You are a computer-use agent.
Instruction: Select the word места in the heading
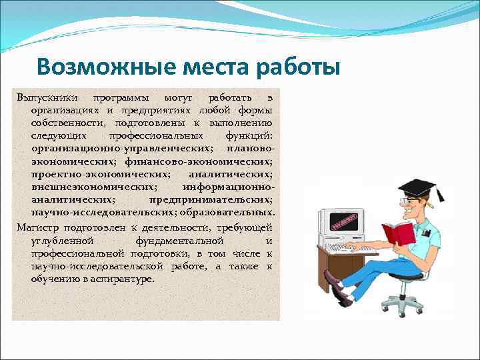tap(215, 67)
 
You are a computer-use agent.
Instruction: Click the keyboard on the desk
tap(356, 249)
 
